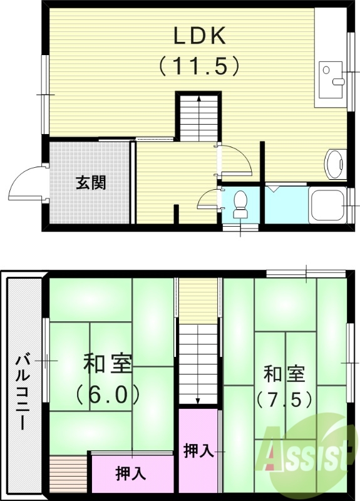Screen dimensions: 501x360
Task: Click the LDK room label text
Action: [x=199, y=36]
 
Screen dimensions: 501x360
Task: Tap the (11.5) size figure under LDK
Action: [x=199, y=64]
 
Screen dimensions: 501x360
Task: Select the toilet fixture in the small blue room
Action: [x=240, y=204]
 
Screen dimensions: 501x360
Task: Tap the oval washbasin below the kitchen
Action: [x=335, y=165]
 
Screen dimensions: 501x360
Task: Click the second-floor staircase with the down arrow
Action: [x=198, y=363]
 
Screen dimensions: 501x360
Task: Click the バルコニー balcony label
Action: [x=23, y=391]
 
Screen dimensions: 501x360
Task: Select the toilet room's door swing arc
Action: [x=207, y=199]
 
